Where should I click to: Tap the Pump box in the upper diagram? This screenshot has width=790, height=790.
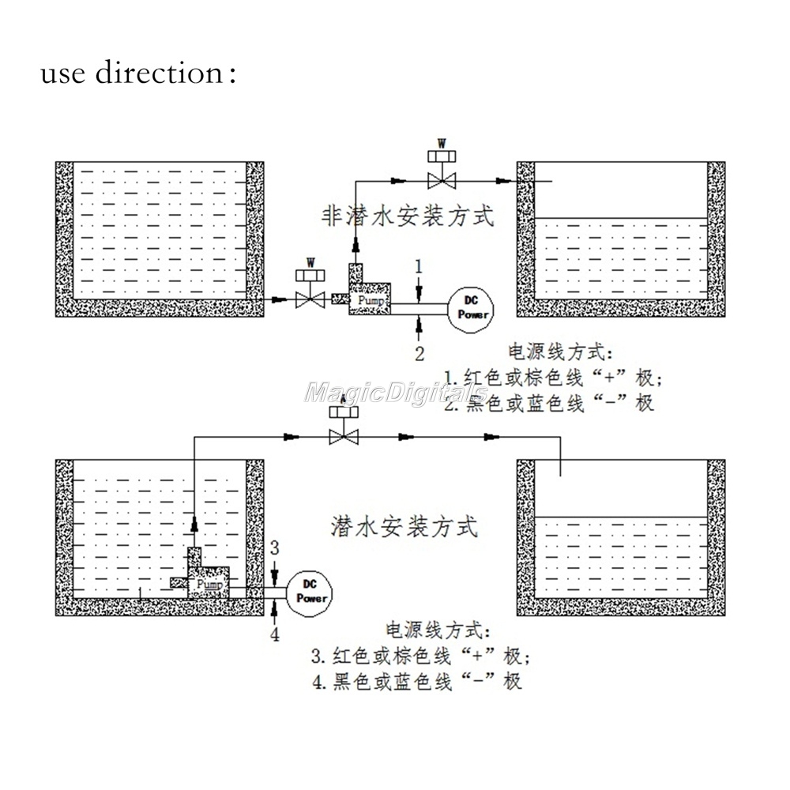point(370,301)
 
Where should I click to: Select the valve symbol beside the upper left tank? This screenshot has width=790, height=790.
point(310,299)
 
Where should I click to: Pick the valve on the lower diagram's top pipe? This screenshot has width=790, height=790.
point(344,435)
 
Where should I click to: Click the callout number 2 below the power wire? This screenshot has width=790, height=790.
point(419,351)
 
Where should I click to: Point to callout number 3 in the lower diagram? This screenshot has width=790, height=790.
point(274,547)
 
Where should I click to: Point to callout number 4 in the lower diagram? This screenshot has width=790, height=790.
point(274,634)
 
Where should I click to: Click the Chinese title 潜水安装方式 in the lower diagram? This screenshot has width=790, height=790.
point(404,525)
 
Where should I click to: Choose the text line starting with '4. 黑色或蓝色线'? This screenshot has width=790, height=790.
point(416,681)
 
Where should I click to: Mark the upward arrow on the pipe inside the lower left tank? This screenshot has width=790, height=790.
point(194,525)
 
